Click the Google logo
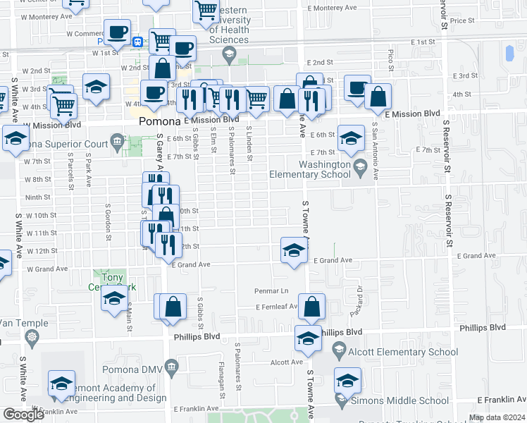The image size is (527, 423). coord(23,415)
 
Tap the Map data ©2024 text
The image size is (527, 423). coord(497,417)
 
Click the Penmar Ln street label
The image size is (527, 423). coord(271,290)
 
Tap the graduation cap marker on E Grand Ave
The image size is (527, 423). coord(294,250)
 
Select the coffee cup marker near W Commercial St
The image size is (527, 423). coord(117,32)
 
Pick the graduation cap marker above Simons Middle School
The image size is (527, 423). coord(347,381)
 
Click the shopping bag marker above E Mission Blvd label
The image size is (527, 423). coord(378,97)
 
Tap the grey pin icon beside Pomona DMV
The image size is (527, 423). coord(170,367)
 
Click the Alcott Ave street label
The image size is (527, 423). coord(287,362)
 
